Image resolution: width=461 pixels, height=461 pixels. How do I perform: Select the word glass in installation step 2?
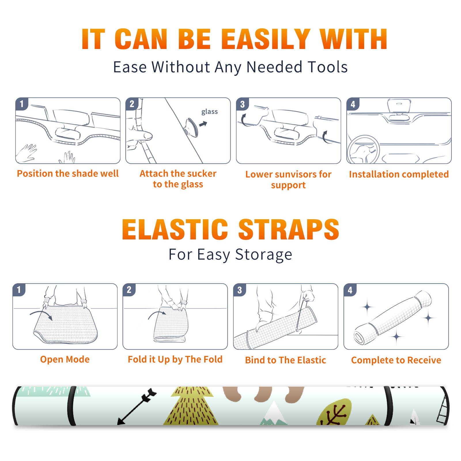point(209,112)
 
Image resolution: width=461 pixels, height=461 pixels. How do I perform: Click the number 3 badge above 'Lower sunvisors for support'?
point(243,104)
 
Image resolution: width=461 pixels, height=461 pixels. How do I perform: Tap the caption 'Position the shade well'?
point(68,173)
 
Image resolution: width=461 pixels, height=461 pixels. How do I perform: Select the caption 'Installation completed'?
point(399,174)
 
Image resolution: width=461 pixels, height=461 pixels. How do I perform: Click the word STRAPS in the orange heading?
point(289,229)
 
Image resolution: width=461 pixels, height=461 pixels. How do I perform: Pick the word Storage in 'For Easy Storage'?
point(264,255)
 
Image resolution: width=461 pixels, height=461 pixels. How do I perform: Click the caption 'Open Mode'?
point(65,359)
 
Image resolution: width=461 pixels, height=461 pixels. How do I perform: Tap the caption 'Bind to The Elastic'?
point(285,360)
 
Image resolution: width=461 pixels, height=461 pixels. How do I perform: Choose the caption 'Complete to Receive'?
point(396,360)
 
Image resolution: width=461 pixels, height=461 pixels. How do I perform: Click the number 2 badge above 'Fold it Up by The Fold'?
point(129,290)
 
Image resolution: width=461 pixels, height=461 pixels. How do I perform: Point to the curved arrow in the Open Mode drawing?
point(41,313)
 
